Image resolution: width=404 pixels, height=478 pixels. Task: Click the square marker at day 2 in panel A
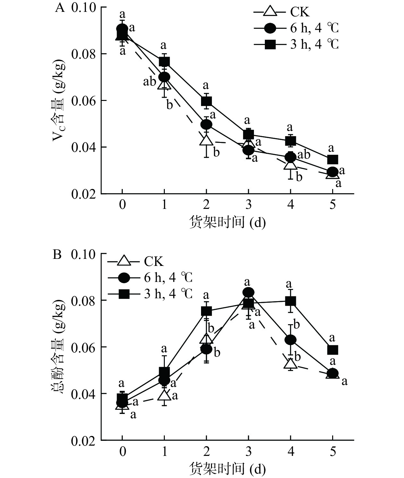point(206,101)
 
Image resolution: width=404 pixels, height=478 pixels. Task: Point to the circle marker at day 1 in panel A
point(164,77)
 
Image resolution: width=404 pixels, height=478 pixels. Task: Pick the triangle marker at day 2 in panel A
point(206,141)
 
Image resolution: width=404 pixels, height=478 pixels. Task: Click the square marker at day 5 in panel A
point(332,160)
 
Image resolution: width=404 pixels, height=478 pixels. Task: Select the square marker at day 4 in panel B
point(290,301)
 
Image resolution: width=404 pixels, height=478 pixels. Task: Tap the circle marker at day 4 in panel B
point(290,340)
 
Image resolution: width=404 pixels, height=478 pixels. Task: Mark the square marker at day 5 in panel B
point(332,350)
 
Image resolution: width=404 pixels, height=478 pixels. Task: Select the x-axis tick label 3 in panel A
point(248,204)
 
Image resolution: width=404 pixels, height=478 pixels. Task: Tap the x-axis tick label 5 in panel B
point(332,451)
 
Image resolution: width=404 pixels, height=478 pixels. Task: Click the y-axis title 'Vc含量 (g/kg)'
point(59,101)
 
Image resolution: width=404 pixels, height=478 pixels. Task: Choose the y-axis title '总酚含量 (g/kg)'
point(59,348)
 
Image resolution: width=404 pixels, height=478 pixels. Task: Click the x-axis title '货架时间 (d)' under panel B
point(227,469)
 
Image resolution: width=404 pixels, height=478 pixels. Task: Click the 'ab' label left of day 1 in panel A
point(150,82)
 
